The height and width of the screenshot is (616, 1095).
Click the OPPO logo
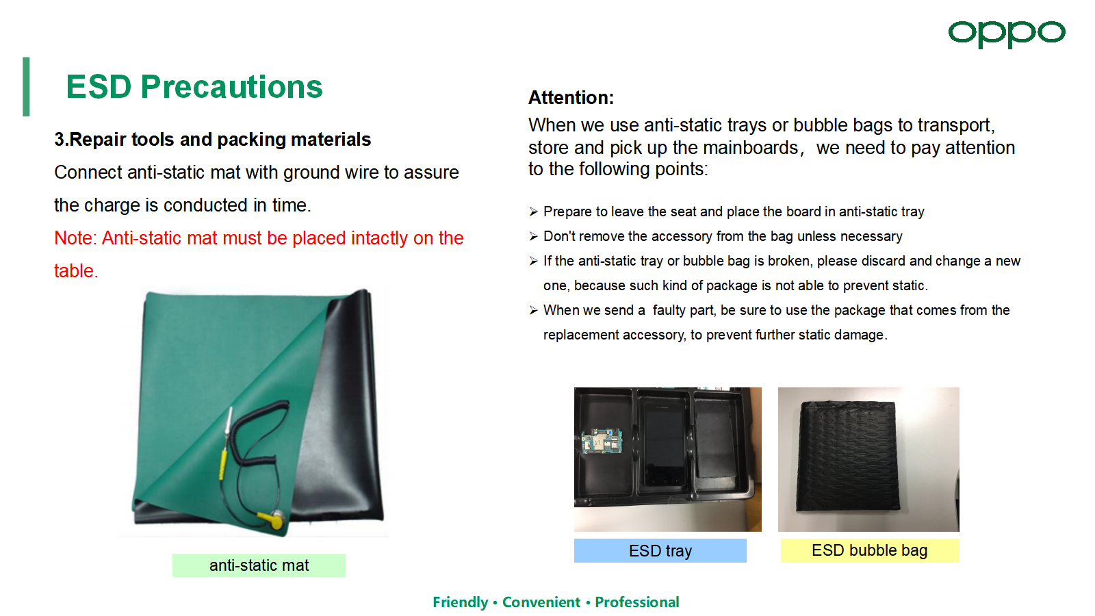click(x=1007, y=34)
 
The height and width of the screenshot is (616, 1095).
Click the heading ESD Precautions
click(x=194, y=87)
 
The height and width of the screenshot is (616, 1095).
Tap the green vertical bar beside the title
click(x=26, y=86)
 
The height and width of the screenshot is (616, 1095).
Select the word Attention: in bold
click(x=571, y=98)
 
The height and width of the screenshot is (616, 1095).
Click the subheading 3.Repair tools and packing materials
click(x=213, y=140)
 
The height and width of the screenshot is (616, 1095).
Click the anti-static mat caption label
click(x=259, y=565)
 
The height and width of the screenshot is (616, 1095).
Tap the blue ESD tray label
click(x=660, y=550)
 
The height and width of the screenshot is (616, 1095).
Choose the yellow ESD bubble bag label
click(x=870, y=550)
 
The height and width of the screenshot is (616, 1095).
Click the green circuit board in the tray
click(x=602, y=441)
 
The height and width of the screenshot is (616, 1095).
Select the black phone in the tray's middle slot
click(x=664, y=445)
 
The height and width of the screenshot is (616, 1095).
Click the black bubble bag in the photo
click(x=847, y=456)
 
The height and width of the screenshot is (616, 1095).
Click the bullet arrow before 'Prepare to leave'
click(x=533, y=211)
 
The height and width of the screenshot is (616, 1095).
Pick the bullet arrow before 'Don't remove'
click(x=533, y=237)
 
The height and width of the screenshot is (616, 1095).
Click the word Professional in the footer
click(x=637, y=602)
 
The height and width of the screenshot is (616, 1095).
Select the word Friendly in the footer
click(x=461, y=602)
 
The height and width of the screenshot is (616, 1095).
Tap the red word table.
click(x=76, y=271)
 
